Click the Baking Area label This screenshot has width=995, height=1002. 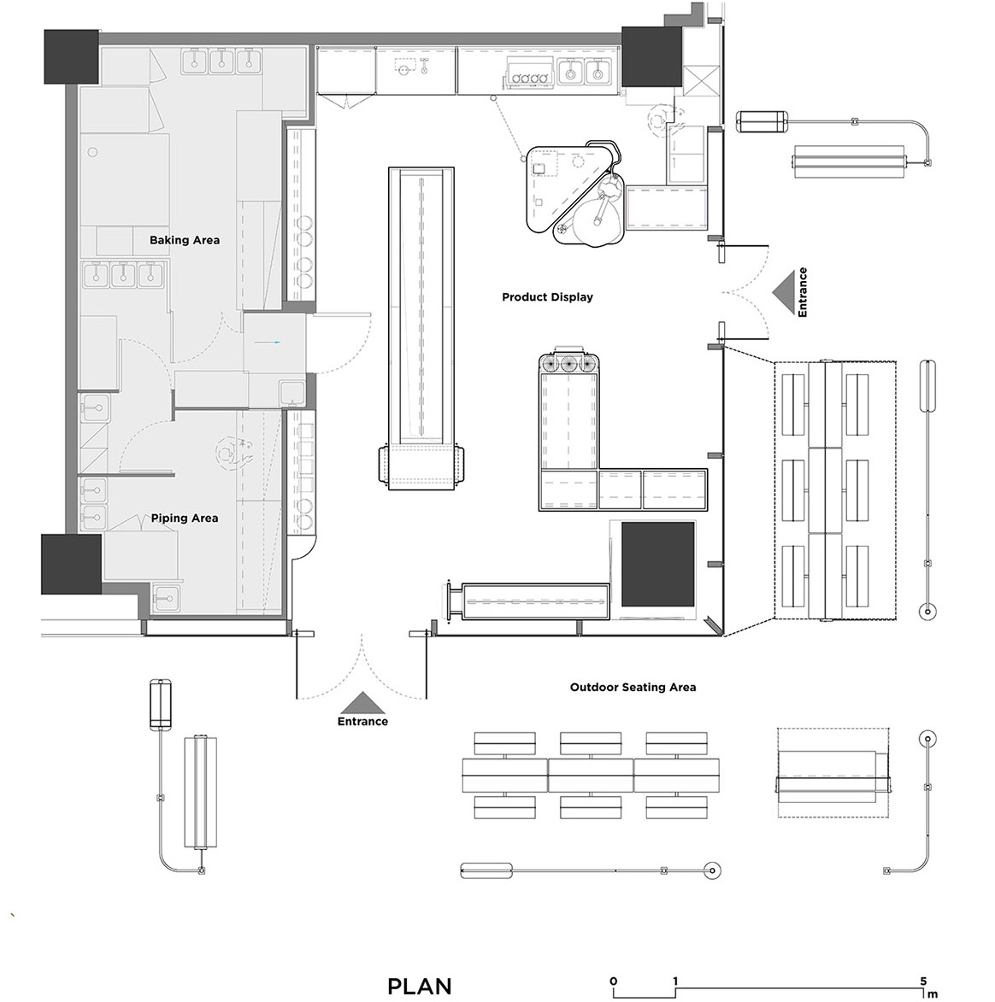(x=184, y=240)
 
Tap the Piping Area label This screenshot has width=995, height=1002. (x=184, y=519)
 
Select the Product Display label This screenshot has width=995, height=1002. (x=547, y=297)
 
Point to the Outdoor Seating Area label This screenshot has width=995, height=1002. (x=633, y=688)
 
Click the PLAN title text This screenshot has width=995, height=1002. (x=420, y=986)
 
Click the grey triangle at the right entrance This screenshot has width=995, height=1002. (x=783, y=292)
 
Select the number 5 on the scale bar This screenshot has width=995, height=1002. (x=923, y=981)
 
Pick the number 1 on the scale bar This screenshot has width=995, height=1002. (x=674, y=981)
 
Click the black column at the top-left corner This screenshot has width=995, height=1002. (x=71, y=56)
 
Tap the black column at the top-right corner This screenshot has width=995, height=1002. (x=651, y=56)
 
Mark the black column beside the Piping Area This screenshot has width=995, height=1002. (x=71, y=565)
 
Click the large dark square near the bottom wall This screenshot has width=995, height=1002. (x=658, y=565)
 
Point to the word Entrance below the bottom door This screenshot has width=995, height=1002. (x=362, y=722)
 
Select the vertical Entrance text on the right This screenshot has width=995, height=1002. (x=803, y=292)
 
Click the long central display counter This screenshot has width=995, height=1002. (x=421, y=328)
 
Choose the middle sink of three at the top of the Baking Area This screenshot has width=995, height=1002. (x=221, y=60)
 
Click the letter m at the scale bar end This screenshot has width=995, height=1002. (x=933, y=994)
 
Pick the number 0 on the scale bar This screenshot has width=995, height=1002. (x=614, y=981)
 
